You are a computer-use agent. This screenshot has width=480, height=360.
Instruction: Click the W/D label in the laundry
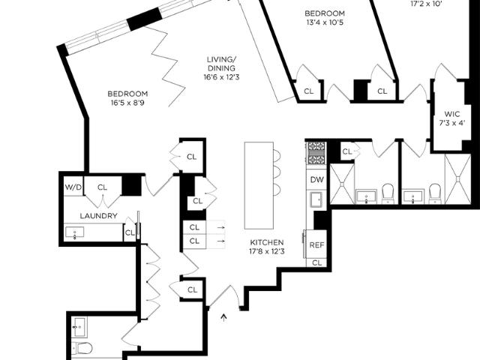(73, 187)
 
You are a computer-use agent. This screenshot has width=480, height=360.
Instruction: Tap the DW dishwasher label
(316, 180)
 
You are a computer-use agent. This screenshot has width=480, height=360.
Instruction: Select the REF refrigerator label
(316, 245)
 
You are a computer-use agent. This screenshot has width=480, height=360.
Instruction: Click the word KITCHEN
(267, 242)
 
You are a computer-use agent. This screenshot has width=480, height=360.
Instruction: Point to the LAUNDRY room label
(98, 216)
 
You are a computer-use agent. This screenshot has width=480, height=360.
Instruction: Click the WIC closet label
(451, 114)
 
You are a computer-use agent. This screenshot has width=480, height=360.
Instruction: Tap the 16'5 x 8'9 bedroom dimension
(127, 103)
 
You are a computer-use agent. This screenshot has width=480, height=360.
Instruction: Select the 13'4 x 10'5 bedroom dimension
(325, 22)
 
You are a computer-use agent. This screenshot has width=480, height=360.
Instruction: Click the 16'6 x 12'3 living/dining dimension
(222, 76)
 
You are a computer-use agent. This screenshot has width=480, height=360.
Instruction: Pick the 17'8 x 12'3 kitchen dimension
(267, 252)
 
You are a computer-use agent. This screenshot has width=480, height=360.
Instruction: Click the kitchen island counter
(259, 185)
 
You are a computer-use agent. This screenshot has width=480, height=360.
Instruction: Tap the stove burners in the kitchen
(316, 153)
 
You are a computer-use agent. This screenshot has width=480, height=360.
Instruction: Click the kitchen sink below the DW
(316, 199)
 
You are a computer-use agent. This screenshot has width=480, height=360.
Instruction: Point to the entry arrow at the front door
(224, 317)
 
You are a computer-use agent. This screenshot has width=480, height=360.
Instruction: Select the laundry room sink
(75, 232)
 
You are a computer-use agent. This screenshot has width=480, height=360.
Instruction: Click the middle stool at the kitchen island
(277, 172)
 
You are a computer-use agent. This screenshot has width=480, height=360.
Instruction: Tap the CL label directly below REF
(317, 262)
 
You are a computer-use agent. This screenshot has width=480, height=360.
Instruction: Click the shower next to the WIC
(458, 178)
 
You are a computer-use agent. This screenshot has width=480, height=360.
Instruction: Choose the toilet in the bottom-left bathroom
(82, 348)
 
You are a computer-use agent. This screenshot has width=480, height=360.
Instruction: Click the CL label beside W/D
(102, 187)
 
